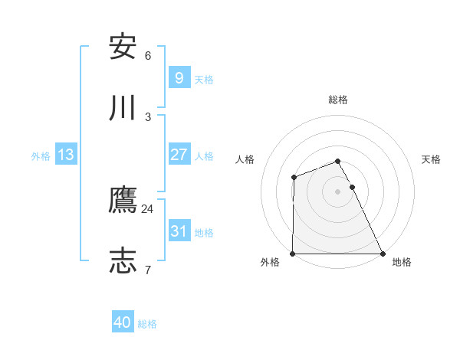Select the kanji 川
pos(123,108)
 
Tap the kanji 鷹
pos(123,200)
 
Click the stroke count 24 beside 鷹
pos(148,208)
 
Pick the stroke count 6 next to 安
pos(148,56)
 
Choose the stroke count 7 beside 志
pos(148,270)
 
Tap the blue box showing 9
pos(179,78)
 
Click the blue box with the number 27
pos(179,155)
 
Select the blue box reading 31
pos(179,231)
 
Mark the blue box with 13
pos(66,155)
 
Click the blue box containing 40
pos(123,322)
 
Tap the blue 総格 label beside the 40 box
pos(147,324)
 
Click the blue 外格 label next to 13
pos(41,156)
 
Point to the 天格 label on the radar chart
pos(432,159)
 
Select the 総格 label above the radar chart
pos(338,100)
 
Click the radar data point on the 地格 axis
pos(383,254)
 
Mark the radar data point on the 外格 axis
pos(293,254)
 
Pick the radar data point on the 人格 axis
pos(294,178)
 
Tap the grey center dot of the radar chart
pos(338,191)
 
